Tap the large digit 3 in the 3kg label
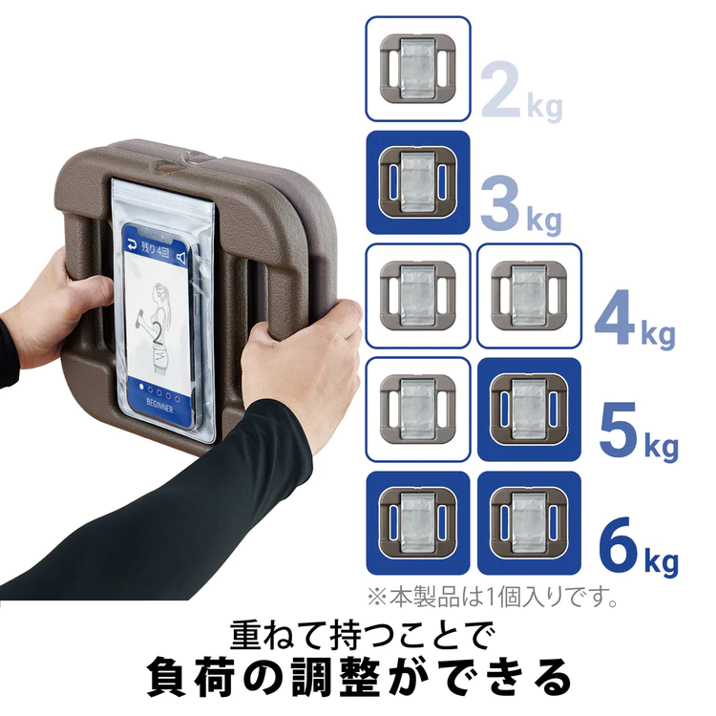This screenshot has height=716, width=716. point(500,203)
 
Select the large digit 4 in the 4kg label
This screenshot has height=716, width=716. point(615,316)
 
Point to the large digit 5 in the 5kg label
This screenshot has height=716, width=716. point(618,430)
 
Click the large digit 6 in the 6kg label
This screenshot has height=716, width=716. point(619,543)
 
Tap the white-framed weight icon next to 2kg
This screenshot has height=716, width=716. point(418,69)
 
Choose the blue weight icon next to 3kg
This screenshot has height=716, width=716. point(418,182)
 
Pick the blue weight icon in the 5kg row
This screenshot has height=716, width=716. point(529,410)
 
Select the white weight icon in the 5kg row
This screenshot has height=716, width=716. point(418,410)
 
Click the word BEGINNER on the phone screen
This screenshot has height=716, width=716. point(159,405)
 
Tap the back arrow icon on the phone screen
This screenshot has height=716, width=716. point(132,244)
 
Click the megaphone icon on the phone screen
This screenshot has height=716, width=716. point(181,258)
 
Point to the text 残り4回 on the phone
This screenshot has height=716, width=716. point(156,250)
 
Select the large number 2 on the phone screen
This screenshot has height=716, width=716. point(158,334)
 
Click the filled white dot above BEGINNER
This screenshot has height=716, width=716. point(141,388)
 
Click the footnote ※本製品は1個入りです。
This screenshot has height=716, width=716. point(494,597)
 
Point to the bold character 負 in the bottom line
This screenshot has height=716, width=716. point(168,677)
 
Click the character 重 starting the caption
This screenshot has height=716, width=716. point(248,635)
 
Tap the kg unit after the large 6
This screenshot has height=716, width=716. point(662,561)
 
